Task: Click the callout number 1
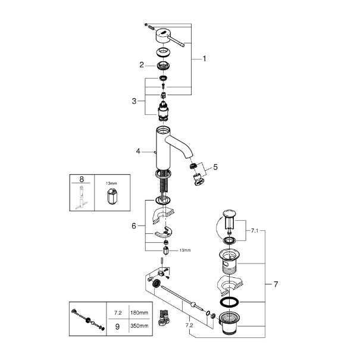[204, 59]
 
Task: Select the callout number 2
[142, 65]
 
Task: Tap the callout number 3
[134, 101]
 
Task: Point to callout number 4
[138, 151]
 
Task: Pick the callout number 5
[215, 167]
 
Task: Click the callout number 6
[134, 226]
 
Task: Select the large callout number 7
[276, 284]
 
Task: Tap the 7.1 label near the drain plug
[255, 231]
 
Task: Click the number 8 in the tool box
[82, 179]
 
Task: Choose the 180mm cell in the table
[139, 312]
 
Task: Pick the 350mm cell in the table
[139, 326]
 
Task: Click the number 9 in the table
[117, 327]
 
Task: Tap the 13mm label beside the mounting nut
[185, 251]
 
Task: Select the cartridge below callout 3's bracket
[163, 112]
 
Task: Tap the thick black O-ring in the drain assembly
[229, 302]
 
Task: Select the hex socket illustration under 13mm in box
[112, 196]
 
